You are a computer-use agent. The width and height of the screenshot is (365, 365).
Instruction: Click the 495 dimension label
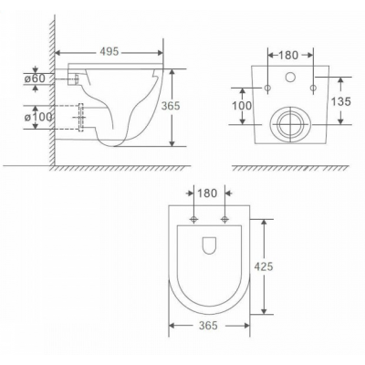point(109,52)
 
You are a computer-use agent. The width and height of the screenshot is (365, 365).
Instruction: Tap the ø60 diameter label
point(35,78)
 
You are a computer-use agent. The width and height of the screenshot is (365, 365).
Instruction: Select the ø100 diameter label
point(38,117)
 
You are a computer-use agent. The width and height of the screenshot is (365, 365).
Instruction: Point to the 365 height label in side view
point(171,106)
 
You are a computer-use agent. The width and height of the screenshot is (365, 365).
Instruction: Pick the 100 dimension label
point(242,106)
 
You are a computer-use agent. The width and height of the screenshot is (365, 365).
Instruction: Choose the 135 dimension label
point(341,101)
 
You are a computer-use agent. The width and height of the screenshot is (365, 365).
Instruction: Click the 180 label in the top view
point(207,193)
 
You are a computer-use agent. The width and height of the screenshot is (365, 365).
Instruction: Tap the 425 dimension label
point(264,266)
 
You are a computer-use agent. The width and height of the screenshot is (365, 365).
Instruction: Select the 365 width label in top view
point(208,326)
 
